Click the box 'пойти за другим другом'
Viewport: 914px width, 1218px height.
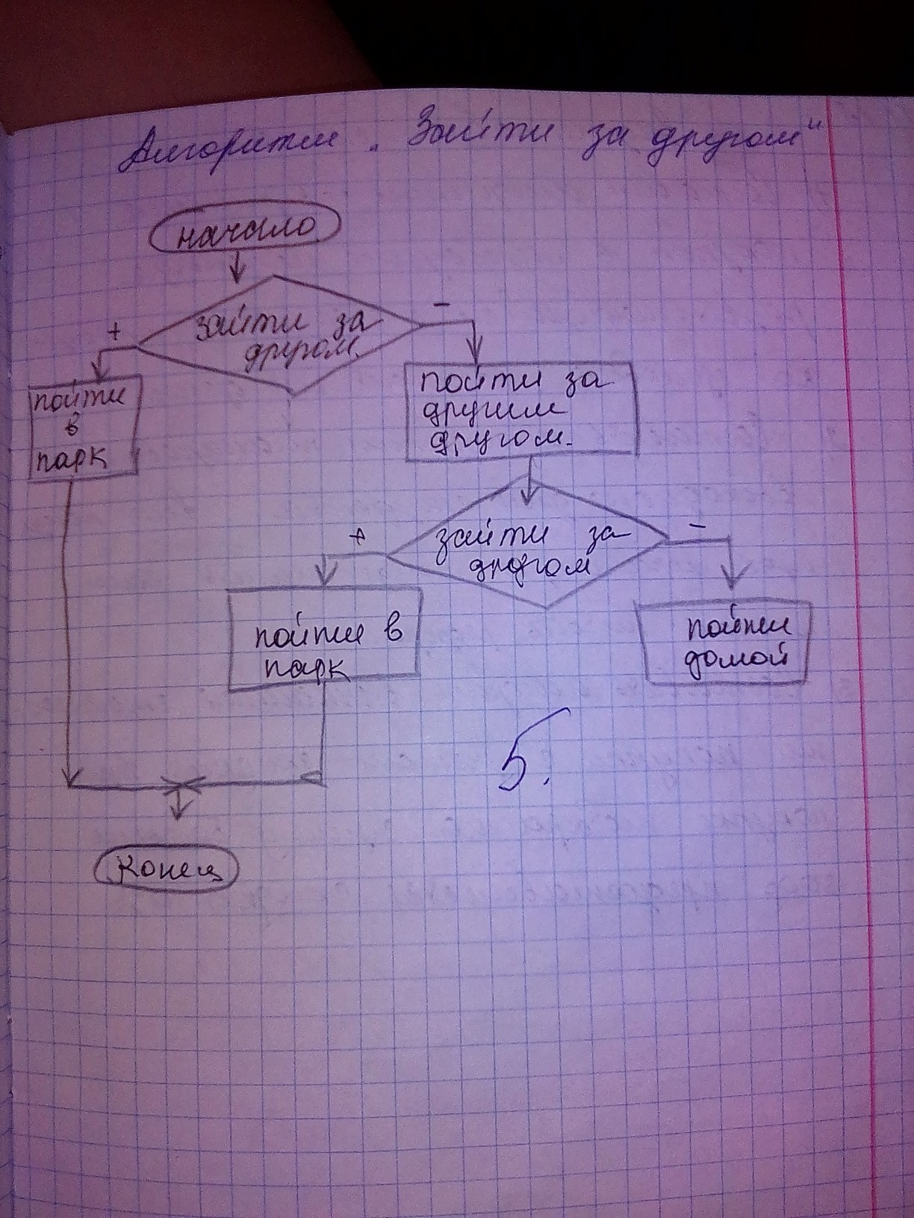[x=522, y=412]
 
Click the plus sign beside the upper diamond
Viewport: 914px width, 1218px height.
[x=115, y=332]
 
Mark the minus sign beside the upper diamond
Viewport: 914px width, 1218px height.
[x=442, y=303]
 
